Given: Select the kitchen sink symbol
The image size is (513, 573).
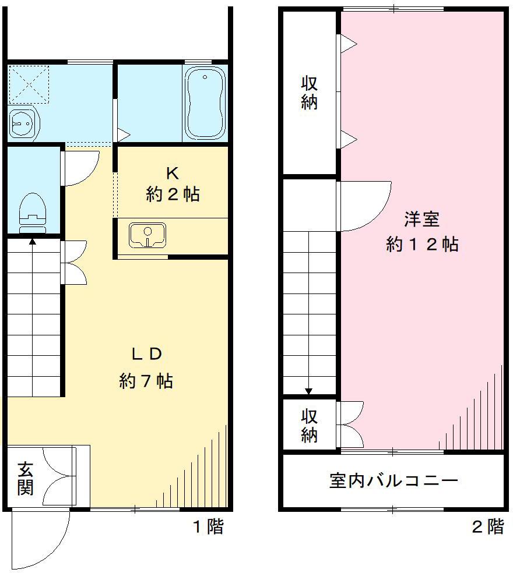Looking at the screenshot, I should [147, 235].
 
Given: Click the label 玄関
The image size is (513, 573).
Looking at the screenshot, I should [24, 478].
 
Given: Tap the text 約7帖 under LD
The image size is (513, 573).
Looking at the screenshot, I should [146, 381].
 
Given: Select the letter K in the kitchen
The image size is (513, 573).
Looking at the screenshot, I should [172, 173].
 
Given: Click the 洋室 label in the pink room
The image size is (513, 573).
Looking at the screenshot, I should [421, 220].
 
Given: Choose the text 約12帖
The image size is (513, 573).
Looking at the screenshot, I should [421, 244].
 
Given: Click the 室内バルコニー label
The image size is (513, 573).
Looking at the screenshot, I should [393, 481].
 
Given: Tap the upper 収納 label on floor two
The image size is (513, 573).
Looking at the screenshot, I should [310, 92].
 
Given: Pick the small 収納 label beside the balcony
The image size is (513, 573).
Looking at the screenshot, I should [310, 426].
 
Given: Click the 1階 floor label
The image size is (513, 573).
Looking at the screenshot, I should [208, 528].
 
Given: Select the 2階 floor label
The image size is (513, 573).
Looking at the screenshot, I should [487, 528].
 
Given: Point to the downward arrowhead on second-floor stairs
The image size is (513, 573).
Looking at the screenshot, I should [309, 391].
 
